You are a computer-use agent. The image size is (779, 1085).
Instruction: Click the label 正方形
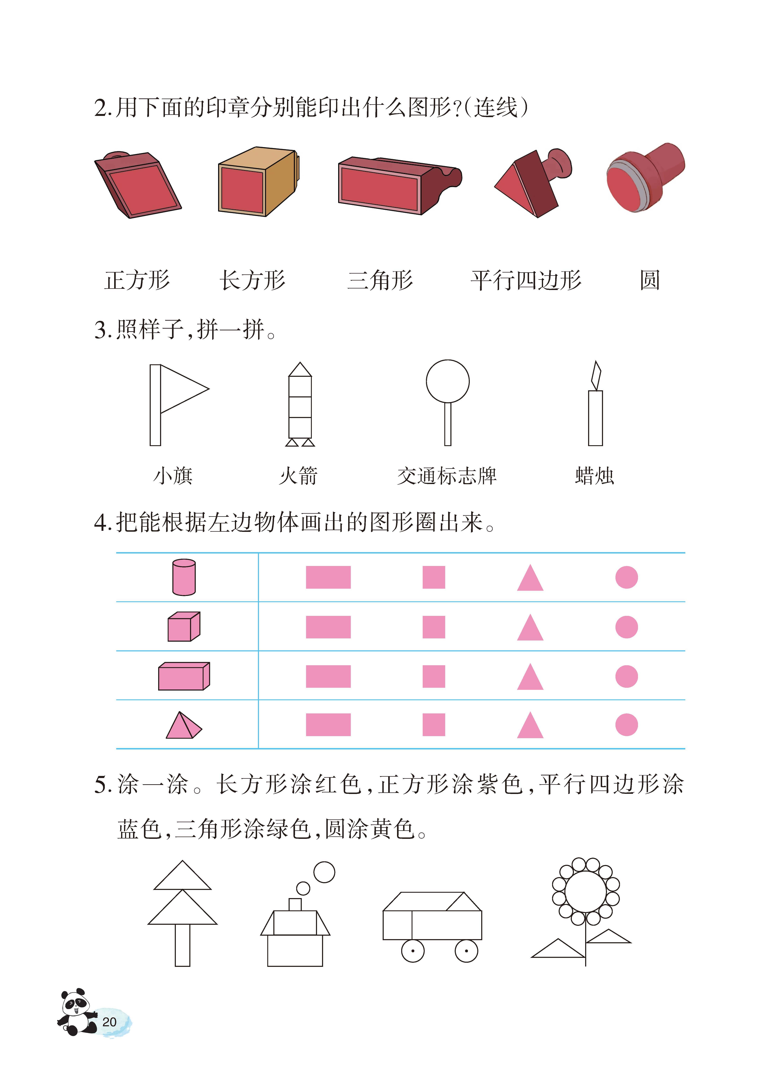137,280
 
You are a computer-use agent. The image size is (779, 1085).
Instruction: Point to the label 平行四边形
526,280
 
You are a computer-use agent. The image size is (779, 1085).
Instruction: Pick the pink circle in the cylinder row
626,577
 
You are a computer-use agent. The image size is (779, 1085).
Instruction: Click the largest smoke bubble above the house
324,872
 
